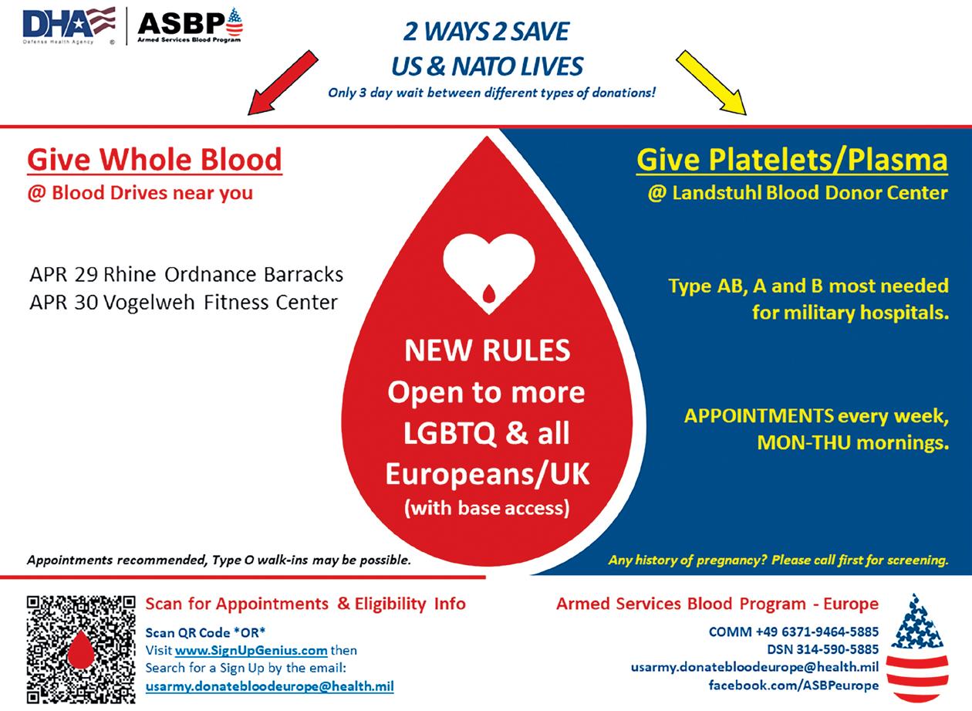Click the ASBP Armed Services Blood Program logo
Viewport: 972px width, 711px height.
pyautogui.click(x=190, y=25)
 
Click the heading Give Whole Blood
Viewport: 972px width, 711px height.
pyautogui.click(x=154, y=160)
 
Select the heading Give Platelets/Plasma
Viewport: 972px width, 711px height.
pyautogui.click(x=791, y=160)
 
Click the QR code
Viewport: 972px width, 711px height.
pyautogui.click(x=81, y=648)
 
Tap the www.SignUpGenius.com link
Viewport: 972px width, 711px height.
pyautogui.click(x=251, y=650)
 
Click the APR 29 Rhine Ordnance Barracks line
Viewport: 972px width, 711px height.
pyautogui.click(x=186, y=275)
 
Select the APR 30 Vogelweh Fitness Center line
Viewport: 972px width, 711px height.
pyautogui.click(x=184, y=302)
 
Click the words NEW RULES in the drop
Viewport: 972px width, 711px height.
pyautogui.click(x=487, y=351)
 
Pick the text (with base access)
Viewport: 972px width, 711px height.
pyautogui.click(x=487, y=509)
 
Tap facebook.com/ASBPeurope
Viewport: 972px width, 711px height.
pyautogui.click(x=794, y=685)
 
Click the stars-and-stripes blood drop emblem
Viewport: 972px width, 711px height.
pyautogui.click(x=917, y=648)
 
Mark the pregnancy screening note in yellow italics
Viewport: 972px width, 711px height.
pyautogui.click(x=778, y=560)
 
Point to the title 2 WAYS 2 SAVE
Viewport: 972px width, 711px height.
pyautogui.click(x=487, y=32)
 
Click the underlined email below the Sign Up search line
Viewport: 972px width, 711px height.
pyautogui.click(x=269, y=686)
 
